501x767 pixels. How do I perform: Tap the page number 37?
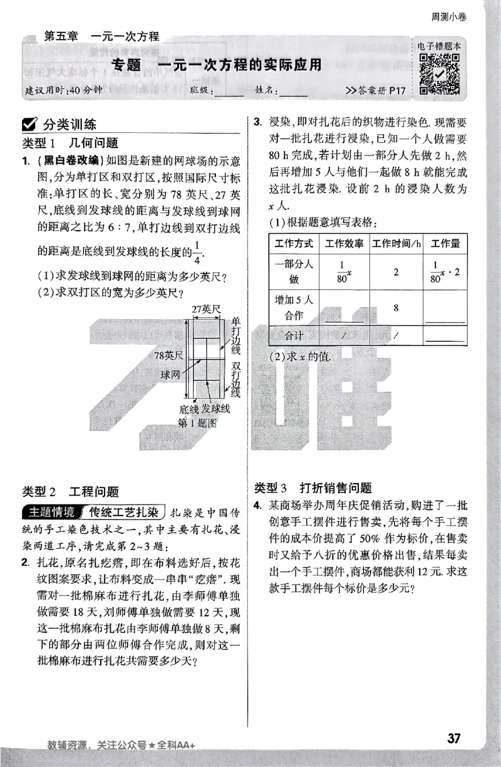point(454,738)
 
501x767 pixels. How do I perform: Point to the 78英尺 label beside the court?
point(168,356)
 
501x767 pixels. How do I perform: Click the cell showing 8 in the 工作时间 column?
point(396,307)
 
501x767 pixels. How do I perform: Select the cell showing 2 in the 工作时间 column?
point(396,272)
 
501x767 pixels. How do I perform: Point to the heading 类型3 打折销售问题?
point(313,488)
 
